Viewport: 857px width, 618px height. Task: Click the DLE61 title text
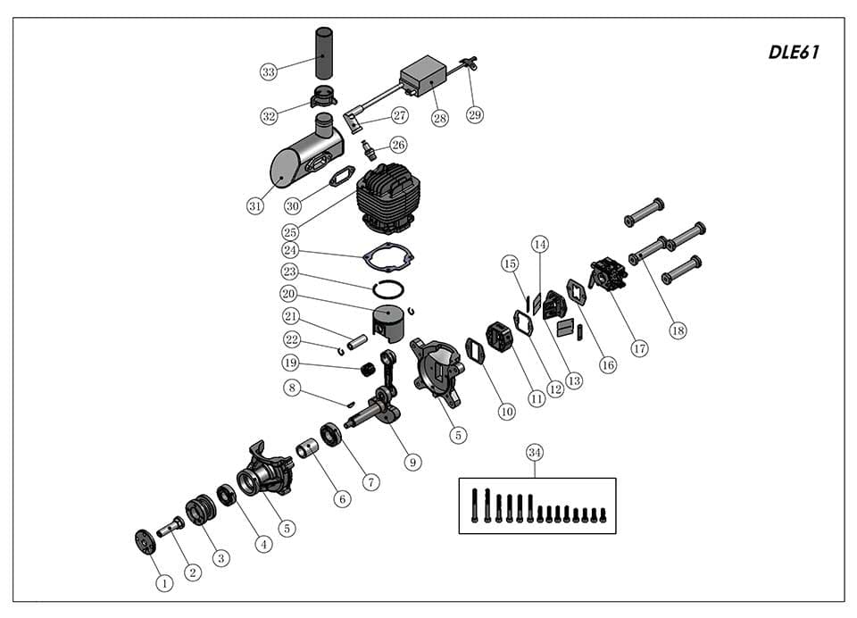click(794, 52)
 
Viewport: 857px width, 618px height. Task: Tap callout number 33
click(269, 71)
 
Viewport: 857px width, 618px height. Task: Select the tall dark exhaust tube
click(323, 54)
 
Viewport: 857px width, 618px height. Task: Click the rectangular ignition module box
click(423, 76)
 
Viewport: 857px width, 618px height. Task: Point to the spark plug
click(370, 150)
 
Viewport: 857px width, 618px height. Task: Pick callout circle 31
click(255, 206)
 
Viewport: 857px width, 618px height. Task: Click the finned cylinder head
click(386, 198)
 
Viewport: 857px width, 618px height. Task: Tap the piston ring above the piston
click(388, 288)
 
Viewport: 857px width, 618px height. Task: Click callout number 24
click(290, 250)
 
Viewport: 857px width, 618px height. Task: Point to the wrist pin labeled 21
click(357, 343)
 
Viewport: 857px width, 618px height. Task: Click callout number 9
click(412, 462)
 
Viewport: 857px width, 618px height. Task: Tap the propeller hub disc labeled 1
click(145, 542)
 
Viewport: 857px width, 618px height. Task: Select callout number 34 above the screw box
click(535, 452)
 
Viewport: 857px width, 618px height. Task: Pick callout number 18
click(678, 330)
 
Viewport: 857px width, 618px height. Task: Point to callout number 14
click(540, 244)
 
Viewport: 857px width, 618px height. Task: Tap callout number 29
click(474, 115)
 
